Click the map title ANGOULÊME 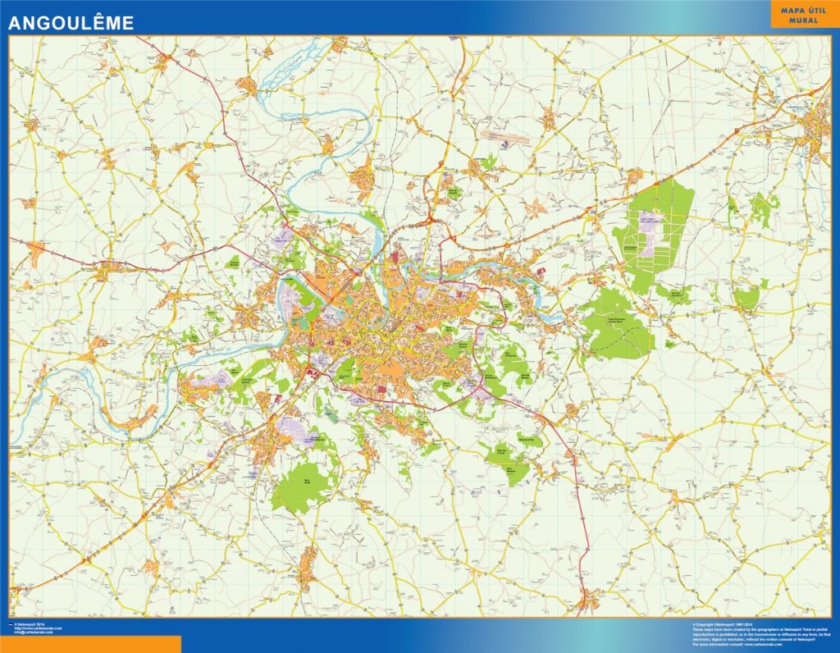[71, 24]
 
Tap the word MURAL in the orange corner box [804, 20]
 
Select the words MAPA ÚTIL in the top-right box [804, 9]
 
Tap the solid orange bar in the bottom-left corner [90, 644]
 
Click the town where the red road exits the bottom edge [587, 604]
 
